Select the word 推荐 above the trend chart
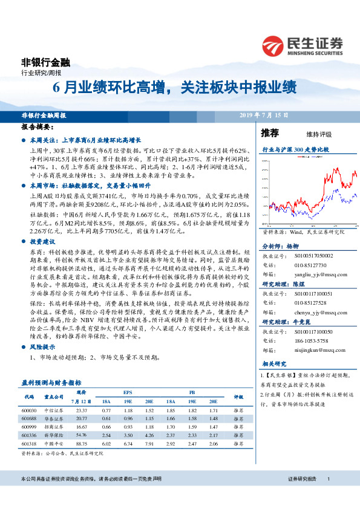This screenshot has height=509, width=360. [269, 133]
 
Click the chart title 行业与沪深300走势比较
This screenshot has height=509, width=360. [295, 149]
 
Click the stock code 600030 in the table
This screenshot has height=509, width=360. [28, 410]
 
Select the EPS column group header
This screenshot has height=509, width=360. [128, 392]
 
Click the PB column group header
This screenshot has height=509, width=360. [192, 392]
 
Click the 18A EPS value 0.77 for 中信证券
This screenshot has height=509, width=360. [106, 410]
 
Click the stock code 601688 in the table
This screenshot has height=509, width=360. [28, 418]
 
